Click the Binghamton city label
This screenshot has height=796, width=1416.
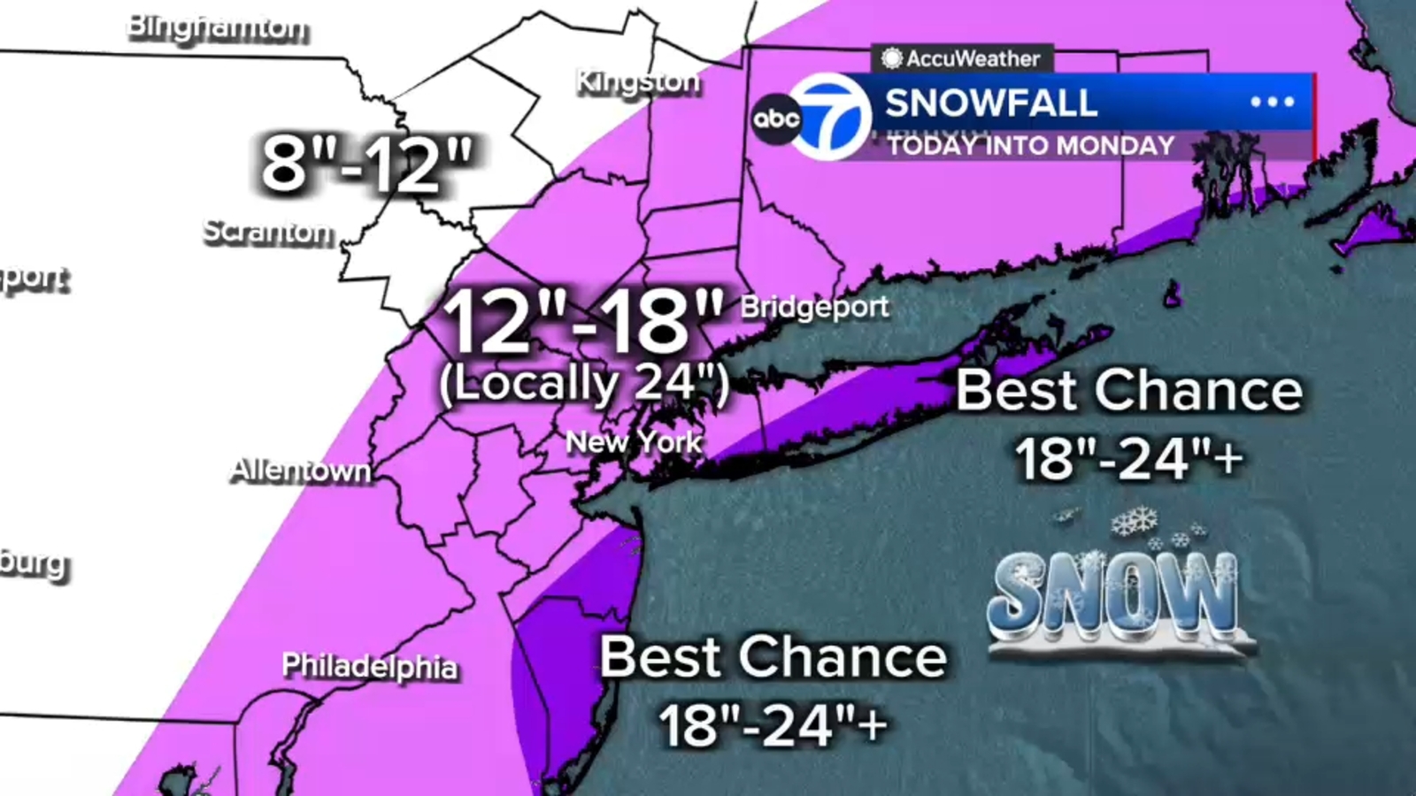[x=218, y=27]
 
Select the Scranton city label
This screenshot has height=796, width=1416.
[x=268, y=232]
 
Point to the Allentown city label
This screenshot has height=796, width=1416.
[x=301, y=471]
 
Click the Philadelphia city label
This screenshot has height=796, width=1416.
[x=370, y=666]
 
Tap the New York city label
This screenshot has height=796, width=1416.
[x=634, y=441]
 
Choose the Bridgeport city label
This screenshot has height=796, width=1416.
[x=814, y=307]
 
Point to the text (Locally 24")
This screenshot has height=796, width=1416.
[x=584, y=384]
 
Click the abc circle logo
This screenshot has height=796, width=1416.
[x=776, y=119]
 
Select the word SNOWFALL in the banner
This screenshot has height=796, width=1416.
[x=991, y=103]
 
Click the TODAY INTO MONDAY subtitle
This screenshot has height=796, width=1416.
[x=1031, y=145]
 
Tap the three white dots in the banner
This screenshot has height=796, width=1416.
[x=1272, y=102]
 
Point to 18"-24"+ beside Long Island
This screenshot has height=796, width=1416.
[x=1128, y=459]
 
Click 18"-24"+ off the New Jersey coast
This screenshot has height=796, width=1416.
[x=773, y=726]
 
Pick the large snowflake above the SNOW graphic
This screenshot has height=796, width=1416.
[x=1135, y=521]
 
